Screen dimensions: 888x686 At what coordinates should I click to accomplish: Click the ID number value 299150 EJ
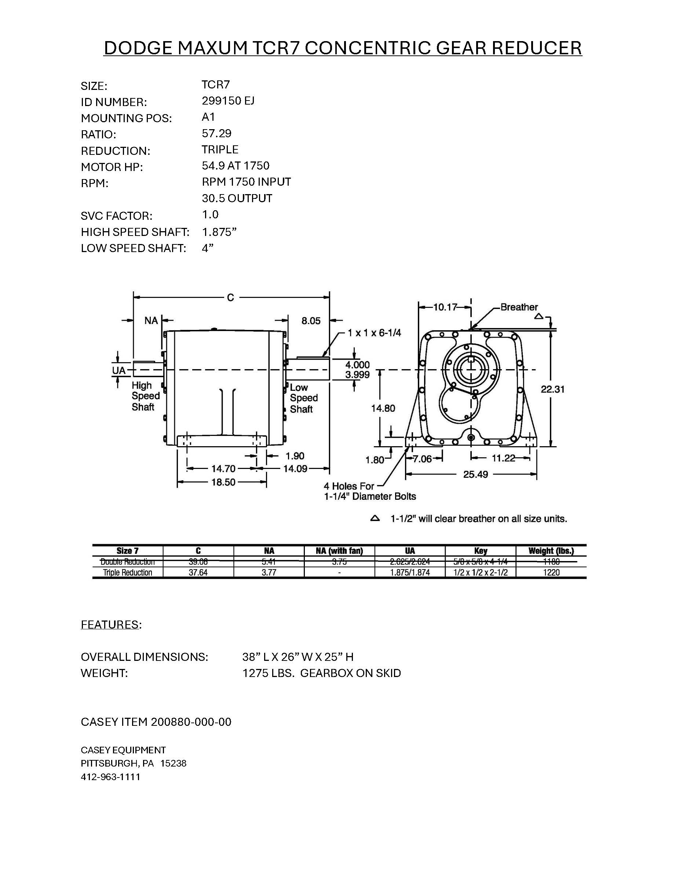(x=228, y=101)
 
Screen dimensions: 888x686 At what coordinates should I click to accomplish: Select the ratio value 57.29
(x=216, y=133)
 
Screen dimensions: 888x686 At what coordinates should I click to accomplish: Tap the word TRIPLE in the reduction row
(x=220, y=150)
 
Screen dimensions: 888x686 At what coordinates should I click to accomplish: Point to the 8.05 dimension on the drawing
(x=311, y=321)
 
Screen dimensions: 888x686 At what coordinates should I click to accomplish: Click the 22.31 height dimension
(x=552, y=389)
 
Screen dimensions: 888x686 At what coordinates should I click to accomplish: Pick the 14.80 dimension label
(x=383, y=408)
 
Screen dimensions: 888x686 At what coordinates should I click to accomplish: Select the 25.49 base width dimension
(x=475, y=474)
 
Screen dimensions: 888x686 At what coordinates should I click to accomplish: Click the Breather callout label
(x=519, y=307)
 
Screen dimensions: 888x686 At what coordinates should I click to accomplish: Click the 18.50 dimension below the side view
(x=223, y=483)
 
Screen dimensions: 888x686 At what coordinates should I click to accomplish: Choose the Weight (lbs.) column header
(x=551, y=551)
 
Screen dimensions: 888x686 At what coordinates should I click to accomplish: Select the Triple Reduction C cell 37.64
(x=198, y=572)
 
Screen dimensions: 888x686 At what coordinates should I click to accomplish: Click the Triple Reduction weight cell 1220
(x=551, y=572)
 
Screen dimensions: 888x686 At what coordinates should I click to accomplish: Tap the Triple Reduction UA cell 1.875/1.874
(x=410, y=572)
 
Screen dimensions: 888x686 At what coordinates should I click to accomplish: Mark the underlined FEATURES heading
(x=110, y=625)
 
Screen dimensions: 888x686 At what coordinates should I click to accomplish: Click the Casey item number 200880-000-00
(x=191, y=722)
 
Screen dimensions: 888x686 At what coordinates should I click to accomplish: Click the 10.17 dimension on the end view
(x=445, y=307)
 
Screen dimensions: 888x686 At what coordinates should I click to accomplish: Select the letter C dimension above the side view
(x=230, y=298)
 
